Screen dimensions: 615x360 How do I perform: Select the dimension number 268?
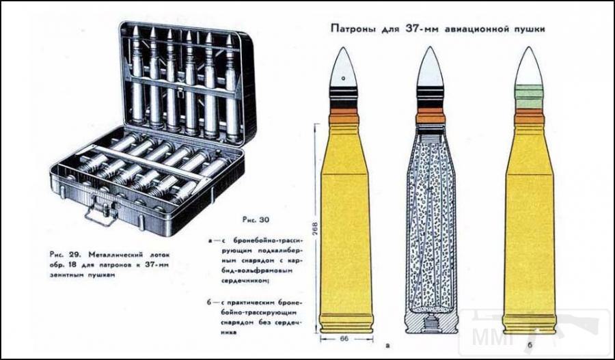click(x=315, y=229)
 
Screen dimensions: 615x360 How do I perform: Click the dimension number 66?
click(x=344, y=339)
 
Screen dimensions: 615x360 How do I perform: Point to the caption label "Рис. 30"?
click(x=256, y=220)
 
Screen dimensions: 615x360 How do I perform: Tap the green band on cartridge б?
click(x=528, y=96)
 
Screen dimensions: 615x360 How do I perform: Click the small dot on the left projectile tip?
click(x=343, y=78)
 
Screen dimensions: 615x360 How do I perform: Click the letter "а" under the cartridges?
click(x=388, y=346)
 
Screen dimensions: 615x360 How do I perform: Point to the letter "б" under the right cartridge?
click(x=530, y=345)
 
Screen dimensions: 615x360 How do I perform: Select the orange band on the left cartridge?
click(x=344, y=115)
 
